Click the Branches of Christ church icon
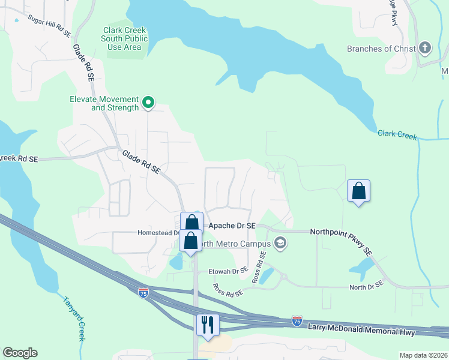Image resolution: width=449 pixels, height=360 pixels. click(x=425, y=48)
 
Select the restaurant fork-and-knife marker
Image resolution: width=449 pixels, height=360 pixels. click(x=208, y=325)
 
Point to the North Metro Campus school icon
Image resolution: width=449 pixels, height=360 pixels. click(x=279, y=243)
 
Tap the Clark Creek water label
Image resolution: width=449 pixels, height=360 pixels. click(x=397, y=134)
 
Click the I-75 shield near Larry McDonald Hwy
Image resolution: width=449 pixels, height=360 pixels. click(x=297, y=321)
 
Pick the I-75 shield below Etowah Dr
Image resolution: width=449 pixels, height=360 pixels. click(x=143, y=292)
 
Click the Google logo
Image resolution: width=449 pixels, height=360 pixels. click(x=20, y=353)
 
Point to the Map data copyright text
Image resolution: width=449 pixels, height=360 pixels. click(x=424, y=355)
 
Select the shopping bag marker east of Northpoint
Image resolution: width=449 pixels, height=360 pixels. click(x=358, y=191)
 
